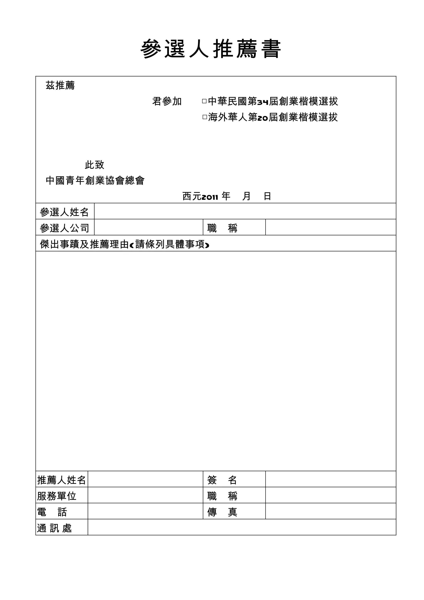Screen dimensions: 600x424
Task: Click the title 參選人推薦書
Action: (x=211, y=49)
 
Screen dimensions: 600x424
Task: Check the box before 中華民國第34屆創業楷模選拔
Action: (x=204, y=101)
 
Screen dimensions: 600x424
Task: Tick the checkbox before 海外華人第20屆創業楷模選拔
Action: (x=205, y=117)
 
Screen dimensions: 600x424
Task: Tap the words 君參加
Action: (x=167, y=101)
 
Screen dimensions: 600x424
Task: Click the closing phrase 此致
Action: (x=94, y=165)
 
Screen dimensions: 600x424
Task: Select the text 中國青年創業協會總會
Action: (x=95, y=180)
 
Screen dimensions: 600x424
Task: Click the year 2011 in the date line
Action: (x=210, y=197)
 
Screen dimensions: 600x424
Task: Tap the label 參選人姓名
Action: (x=64, y=212)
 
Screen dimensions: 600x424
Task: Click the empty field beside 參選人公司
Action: (x=148, y=227)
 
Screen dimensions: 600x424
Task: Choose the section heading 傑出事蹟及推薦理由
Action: (x=84, y=244)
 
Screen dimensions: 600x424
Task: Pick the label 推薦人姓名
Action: (x=62, y=480)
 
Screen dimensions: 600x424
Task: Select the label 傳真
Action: (x=222, y=512)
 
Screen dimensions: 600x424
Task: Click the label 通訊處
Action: (x=54, y=528)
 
